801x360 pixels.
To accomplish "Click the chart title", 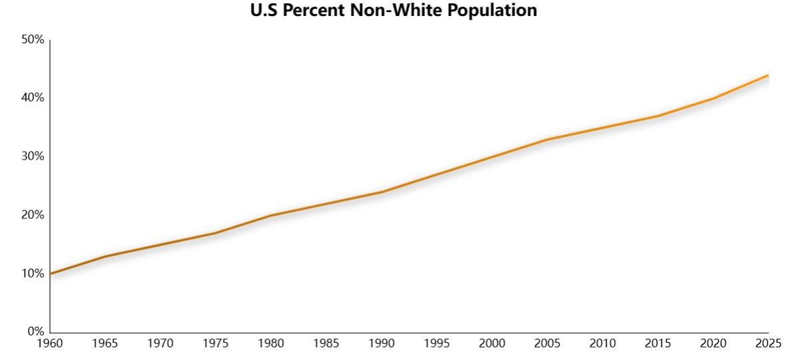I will (x=394, y=11).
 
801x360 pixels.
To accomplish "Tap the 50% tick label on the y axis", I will (x=33, y=40).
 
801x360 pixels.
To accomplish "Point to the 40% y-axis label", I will (x=33, y=98).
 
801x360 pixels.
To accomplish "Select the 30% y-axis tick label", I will (x=33, y=156).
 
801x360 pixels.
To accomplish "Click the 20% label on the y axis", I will (x=33, y=215).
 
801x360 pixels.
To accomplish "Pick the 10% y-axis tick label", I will (x=33, y=273).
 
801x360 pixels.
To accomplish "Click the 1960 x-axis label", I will (x=50, y=343).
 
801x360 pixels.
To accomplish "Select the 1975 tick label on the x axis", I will (x=216, y=343).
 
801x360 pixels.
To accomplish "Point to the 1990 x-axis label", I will (x=382, y=343).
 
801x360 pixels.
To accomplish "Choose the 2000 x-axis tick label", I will (x=492, y=343).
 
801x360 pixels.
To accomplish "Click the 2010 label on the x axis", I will (x=603, y=343).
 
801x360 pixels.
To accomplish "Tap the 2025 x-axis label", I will (x=768, y=343).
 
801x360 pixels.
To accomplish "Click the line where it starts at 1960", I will (x=51, y=273).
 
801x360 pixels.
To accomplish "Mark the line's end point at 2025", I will (x=768, y=75).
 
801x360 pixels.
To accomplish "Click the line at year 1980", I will (x=271, y=215).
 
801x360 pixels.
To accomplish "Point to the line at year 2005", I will (x=547, y=139).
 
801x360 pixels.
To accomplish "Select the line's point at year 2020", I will (x=713, y=98).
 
